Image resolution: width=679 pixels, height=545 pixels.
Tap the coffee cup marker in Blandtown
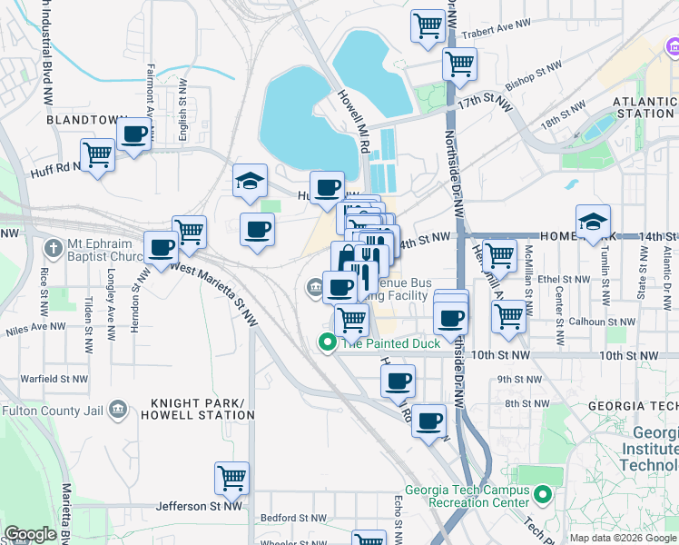pyautogui.click(x=134, y=135)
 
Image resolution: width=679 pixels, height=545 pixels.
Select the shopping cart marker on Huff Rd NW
pyautogui.click(x=98, y=155)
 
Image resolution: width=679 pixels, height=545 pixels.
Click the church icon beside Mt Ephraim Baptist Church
pyautogui.click(x=54, y=247)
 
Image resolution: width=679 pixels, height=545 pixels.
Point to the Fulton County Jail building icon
pyautogui.click(x=117, y=410)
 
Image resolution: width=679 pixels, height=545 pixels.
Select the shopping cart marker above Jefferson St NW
pyautogui.click(x=232, y=478)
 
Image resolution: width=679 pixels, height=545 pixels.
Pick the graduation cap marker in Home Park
pyautogui.click(x=593, y=221)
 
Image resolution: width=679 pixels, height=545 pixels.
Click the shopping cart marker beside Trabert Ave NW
pyautogui.click(x=428, y=25)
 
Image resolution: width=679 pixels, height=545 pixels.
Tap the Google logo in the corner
pyautogui.click(x=30, y=533)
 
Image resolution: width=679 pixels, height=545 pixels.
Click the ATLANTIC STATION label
pyautogui.click(x=644, y=108)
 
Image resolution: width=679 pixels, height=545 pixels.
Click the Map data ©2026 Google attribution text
pyautogui.click(x=623, y=538)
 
